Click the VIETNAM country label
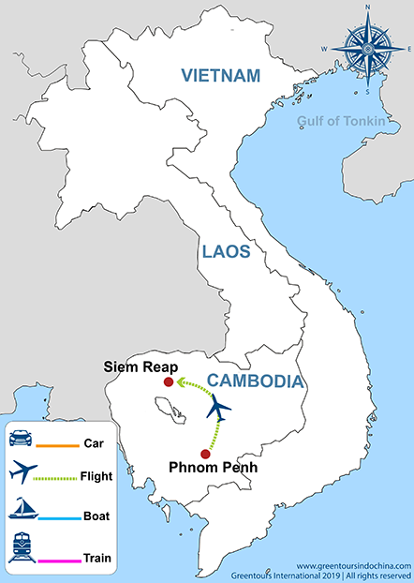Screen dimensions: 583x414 tap(222, 75)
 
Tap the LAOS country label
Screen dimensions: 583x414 tap(225, 251)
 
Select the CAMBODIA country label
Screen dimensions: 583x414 tap(255, 381)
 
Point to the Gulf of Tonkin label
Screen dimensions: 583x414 tap(342, 120)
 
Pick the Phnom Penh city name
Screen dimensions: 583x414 tap(211, 466)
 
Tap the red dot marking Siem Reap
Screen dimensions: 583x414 tap(168, 382)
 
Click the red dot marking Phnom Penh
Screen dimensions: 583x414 tap(205, 453)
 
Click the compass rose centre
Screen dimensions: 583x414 tap(366, 47)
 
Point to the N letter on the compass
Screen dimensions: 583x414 tap(366, 8)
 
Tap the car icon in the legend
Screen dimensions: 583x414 tap(22, 437)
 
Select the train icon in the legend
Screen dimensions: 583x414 tap(22, 546)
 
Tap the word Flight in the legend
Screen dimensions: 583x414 tap(97, 476)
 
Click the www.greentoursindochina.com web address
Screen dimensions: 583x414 tap(354, 566)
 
